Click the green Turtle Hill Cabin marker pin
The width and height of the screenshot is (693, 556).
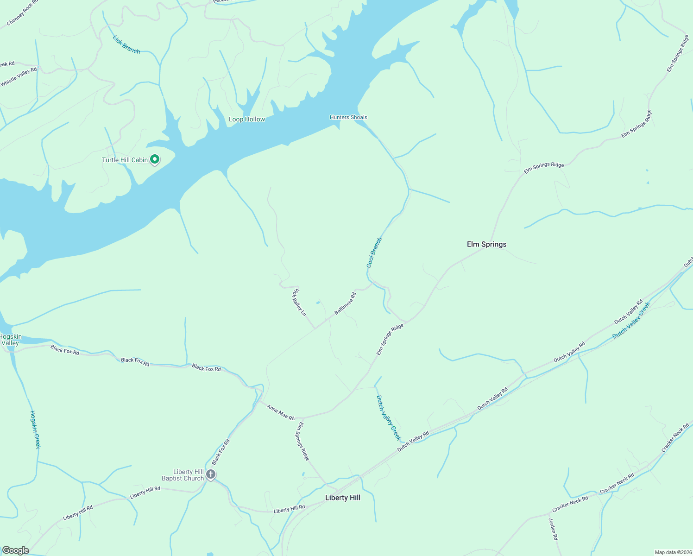click(x=155, y=159)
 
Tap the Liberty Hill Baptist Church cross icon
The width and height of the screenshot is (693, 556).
click(x=211, y=474)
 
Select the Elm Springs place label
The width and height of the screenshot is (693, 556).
click(x=486, y=244)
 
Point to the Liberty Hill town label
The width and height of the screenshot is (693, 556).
click(x=342, y=498)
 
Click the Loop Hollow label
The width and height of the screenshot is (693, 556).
click(x=247, y=119)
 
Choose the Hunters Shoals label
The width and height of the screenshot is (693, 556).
click(x=348, y=117)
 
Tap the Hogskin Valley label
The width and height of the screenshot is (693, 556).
click(x=10, y=340)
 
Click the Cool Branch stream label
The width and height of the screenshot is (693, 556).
click(x=374, y=253)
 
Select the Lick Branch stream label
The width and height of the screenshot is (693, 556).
click(x=126, y=45)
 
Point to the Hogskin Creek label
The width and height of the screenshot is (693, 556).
click(x=35, y=430)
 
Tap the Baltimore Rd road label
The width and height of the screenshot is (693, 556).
click(x=345, y=303)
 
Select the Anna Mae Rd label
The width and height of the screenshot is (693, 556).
click(x=281, y=412)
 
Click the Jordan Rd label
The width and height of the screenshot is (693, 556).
click(x=553, y=529)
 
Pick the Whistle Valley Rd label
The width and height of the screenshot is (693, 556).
click(x=19, y=77)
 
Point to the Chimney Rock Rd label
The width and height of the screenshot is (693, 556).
click(x=23, y=16)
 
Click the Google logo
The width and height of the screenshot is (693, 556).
click(x=16, y=550)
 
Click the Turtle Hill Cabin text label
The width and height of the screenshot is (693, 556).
click(x=125, y=160)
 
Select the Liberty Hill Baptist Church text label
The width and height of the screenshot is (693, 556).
click(x=183, y=475)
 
